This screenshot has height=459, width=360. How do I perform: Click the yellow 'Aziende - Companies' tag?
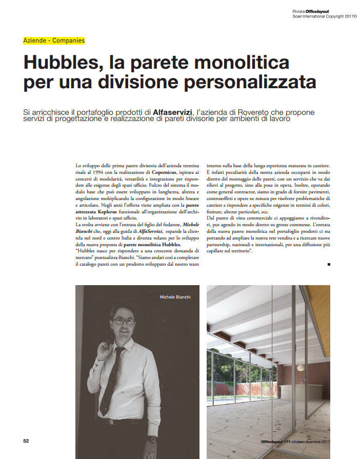[54, 40]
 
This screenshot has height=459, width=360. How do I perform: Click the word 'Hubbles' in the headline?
[57, 63]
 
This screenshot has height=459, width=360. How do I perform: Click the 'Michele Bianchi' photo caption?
[174, 297]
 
